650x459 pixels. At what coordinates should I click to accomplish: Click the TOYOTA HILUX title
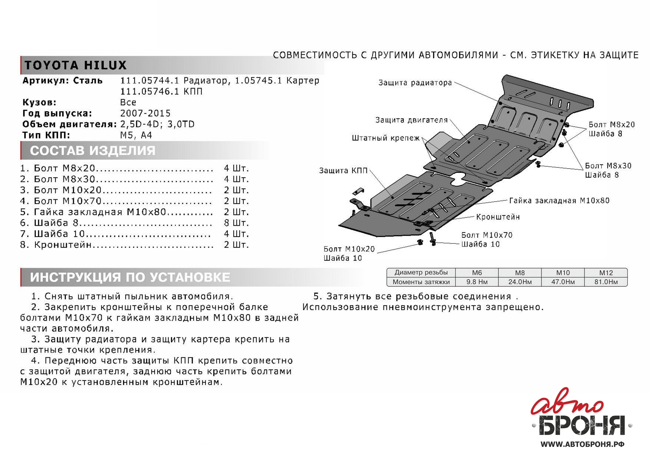tap(75, 65)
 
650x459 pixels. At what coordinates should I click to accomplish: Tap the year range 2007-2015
tap(145, 113)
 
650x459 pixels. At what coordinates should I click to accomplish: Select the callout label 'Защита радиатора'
tap(415, 83)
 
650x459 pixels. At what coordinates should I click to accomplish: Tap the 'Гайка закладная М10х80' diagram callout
tap(559, 201)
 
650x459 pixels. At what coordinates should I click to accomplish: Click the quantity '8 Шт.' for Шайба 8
tap(236, 223)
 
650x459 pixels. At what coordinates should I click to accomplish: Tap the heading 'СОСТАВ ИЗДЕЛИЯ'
tap(93, 150)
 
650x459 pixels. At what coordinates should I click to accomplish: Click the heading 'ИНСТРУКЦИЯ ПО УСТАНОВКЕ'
tap(130, 277)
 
